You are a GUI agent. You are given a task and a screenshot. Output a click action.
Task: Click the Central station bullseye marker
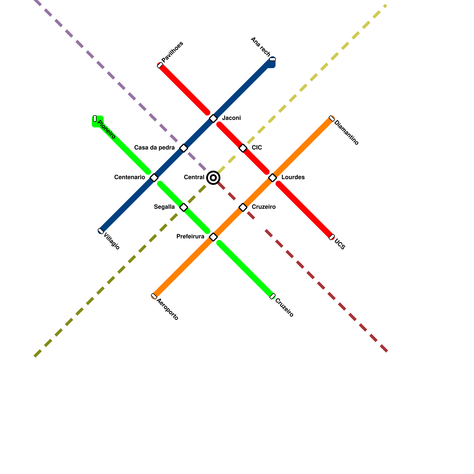coord(213,178)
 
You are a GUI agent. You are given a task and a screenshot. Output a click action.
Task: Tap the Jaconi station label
coord(231,118)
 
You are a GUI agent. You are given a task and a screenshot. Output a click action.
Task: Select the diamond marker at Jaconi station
coord(213,118)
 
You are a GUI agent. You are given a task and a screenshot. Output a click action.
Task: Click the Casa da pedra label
coord(154,148)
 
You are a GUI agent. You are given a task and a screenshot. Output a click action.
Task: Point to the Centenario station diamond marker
coord(154,178)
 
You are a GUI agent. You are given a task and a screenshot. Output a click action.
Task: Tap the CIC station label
coord(257,148)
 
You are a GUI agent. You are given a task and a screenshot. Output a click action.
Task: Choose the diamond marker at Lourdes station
coord(273,178)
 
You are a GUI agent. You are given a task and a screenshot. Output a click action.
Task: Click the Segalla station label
coord(164,207)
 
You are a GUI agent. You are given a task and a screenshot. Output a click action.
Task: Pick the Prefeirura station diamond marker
coord(213,237)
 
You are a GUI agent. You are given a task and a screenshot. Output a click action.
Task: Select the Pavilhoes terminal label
coord(172,52)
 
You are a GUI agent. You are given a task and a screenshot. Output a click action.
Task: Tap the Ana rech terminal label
coord(260,47)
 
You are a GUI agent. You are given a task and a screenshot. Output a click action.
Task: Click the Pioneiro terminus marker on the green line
coord(95,118)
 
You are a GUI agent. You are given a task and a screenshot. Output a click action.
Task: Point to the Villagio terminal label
coord(112,242)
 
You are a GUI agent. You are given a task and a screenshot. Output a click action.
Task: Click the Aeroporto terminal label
coord(167,309)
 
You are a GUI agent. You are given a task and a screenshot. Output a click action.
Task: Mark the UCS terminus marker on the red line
coord(332,237)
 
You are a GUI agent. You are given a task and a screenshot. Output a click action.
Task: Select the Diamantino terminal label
coord(346,132)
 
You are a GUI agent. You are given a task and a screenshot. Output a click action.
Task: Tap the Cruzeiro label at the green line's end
coord(284,308)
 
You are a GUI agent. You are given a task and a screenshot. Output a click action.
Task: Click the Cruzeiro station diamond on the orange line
coord(243,207)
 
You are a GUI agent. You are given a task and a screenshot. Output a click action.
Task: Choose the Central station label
coord(194,177)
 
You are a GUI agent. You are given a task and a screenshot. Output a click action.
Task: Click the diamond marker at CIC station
coord(243,148)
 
